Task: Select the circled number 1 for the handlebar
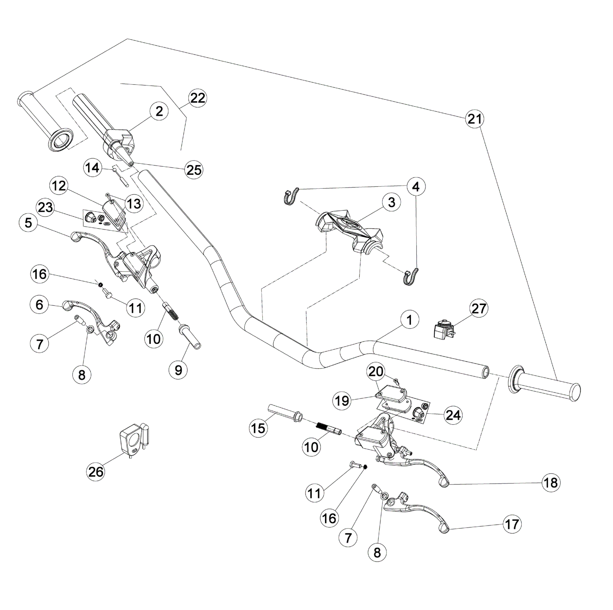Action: point(409,320)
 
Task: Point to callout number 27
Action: point(479,308)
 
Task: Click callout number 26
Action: point(96,471)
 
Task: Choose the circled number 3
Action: point(391,202)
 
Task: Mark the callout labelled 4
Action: point(416,187)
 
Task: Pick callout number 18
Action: point(551,482)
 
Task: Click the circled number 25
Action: point(194,169)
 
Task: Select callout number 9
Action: point(178,370)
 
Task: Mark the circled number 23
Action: point(45,207)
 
